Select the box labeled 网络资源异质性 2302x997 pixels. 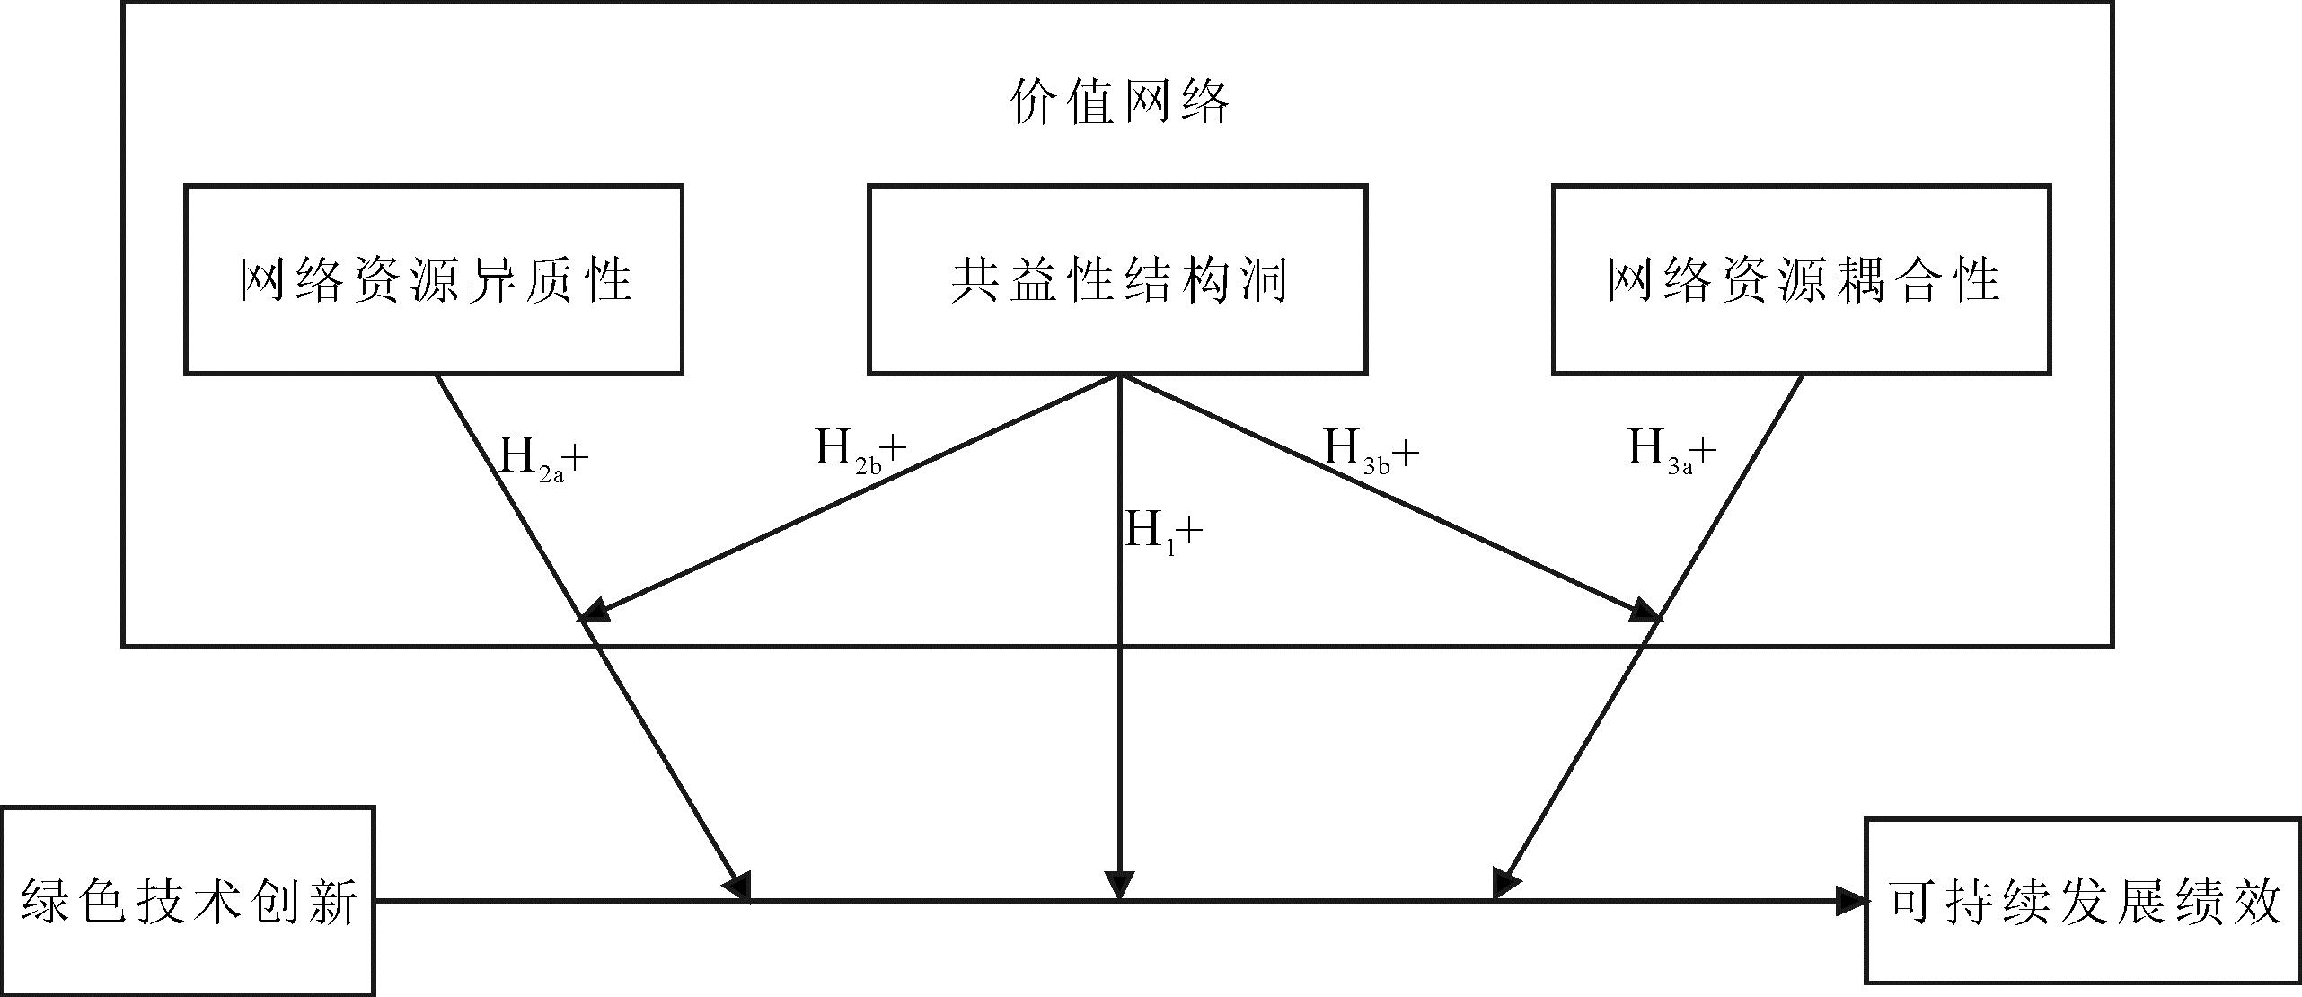(x=434, y=279)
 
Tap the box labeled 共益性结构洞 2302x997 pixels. (x=1117, y=279)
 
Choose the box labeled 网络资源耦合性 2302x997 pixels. (x=1801, y=279)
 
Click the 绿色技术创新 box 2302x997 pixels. (x=188, y=900)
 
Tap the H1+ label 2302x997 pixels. (x=1163, y=533)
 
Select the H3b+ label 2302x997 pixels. (x=1371, y=450)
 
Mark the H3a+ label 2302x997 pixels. (x=1671, y=450)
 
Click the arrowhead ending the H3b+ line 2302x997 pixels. (x=1646, y=613)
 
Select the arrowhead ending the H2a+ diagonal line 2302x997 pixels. (x=740, y=887)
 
